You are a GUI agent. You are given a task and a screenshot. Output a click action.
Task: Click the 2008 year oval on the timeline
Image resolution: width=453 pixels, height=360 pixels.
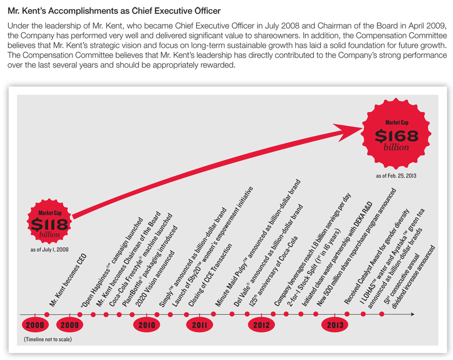35,325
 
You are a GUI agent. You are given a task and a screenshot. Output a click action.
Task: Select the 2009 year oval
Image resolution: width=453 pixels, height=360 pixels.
70,325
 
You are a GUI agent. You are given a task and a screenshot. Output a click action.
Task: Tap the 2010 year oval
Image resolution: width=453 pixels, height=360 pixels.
147,325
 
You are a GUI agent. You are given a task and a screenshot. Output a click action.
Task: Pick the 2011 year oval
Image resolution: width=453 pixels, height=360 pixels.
200,325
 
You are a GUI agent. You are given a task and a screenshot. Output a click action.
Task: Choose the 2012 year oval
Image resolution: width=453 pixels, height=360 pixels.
262,325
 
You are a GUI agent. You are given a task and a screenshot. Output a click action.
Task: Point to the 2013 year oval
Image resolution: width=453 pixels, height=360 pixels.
335,325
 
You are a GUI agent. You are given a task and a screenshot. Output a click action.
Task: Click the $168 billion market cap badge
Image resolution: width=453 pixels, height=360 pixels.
397,134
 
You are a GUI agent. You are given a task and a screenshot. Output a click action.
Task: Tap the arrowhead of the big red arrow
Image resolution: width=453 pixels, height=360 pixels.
348,132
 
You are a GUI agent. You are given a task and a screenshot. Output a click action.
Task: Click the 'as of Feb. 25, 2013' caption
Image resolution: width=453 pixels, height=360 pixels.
396,176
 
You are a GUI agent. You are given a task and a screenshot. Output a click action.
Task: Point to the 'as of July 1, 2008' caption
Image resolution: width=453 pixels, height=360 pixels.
50,250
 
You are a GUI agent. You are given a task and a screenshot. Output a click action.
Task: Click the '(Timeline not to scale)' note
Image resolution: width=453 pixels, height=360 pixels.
47,339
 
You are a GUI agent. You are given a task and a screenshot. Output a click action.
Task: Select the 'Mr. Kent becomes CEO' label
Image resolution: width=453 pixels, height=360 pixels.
68,280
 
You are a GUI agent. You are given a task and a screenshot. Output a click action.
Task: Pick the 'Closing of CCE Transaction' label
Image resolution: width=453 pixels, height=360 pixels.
210,275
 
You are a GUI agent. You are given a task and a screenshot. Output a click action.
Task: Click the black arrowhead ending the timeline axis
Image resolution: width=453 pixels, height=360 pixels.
412,314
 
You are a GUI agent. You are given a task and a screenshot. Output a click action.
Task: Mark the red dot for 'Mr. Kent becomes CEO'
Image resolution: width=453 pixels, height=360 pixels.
47,315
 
